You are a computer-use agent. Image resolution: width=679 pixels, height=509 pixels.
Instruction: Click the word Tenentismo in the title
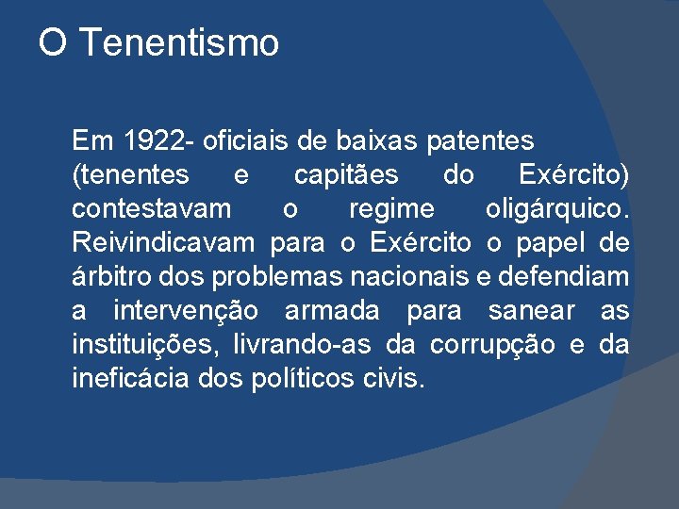tap(178, 43)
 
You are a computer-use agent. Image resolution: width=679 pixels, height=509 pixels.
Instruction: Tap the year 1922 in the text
tap(153, 141)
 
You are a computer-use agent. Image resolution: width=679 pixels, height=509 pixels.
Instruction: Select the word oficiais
tap(240, 141)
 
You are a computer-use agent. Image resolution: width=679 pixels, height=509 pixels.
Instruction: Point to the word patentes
tap(480, 141)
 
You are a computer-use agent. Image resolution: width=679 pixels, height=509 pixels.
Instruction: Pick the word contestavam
tap(150, 209)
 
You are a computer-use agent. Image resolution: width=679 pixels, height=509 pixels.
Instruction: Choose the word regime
tap(391, 209)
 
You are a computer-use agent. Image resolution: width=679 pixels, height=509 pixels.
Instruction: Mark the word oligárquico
tap(556, 209)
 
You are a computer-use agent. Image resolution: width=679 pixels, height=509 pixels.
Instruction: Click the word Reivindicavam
tap(163, 243)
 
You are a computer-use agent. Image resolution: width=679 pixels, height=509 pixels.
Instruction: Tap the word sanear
tap(532, 311)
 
